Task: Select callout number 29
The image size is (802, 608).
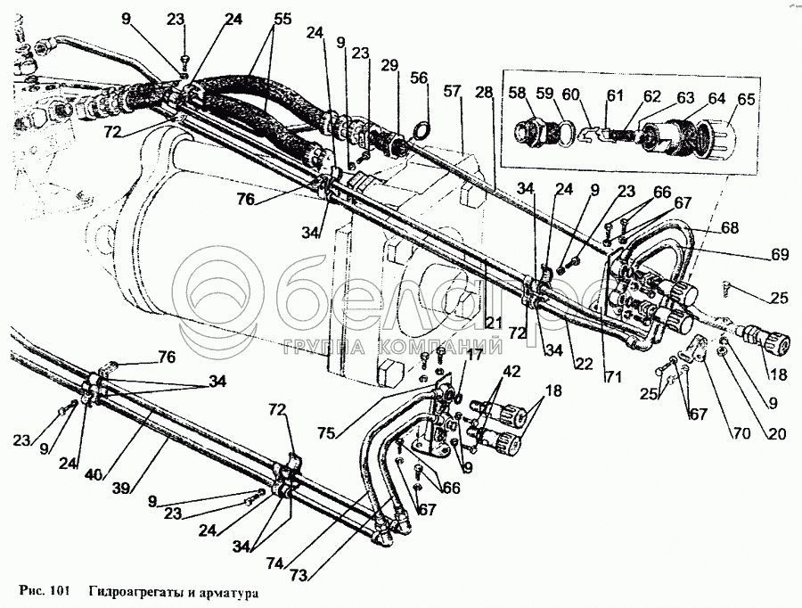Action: (x=389, y=67)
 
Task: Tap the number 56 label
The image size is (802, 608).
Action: (x=420, y=78)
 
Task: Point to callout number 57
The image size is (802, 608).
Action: (x=453, y=91)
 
